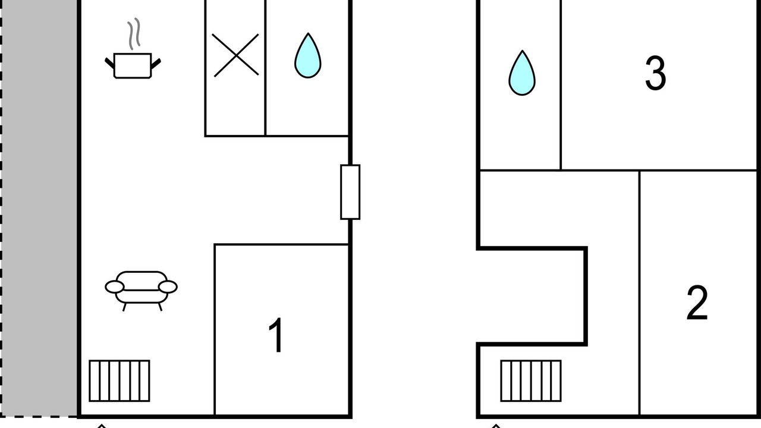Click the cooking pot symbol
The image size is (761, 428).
pos(133,65)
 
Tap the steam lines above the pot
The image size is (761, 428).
pos(134,34)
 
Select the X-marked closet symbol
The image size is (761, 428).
pos(235,55)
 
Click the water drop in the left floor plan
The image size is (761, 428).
pos(308,56)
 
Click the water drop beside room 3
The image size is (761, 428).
pos(522,73)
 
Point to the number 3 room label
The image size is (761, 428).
pos(655,73)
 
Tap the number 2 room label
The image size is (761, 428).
pos(697,303)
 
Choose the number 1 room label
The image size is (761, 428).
pos(276,335)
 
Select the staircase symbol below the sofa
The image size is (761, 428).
pos(120,381)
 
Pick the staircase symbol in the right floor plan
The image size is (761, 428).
pos(531,381)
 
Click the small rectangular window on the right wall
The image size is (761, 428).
pos(350,192)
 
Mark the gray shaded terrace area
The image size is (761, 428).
pos(39,207)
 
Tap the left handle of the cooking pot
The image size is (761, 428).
pos(109,63)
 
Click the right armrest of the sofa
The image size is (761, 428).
pos(168,287)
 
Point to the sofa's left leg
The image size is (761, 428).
pos(124,307)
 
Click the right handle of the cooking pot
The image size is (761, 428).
pos(156,64)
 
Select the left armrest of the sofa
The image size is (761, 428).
pos(115,287)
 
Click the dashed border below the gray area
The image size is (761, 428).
pos(39,416)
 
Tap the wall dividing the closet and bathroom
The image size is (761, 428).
pos(265,68)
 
